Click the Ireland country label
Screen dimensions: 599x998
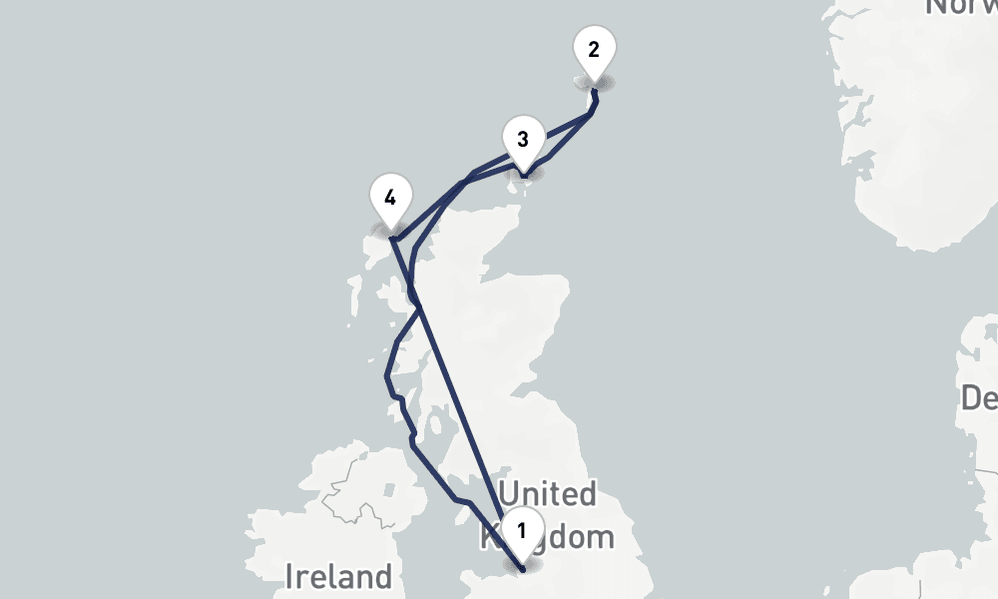pos(338,576)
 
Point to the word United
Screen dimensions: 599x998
pos(548,494)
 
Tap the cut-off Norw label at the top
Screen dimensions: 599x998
pos(960,8)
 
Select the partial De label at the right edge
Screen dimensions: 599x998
pos(978,398)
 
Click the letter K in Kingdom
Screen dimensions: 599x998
pos(490,537)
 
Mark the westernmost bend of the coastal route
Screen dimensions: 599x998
pos(386,376)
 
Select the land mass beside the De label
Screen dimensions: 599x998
pos(983,349)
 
